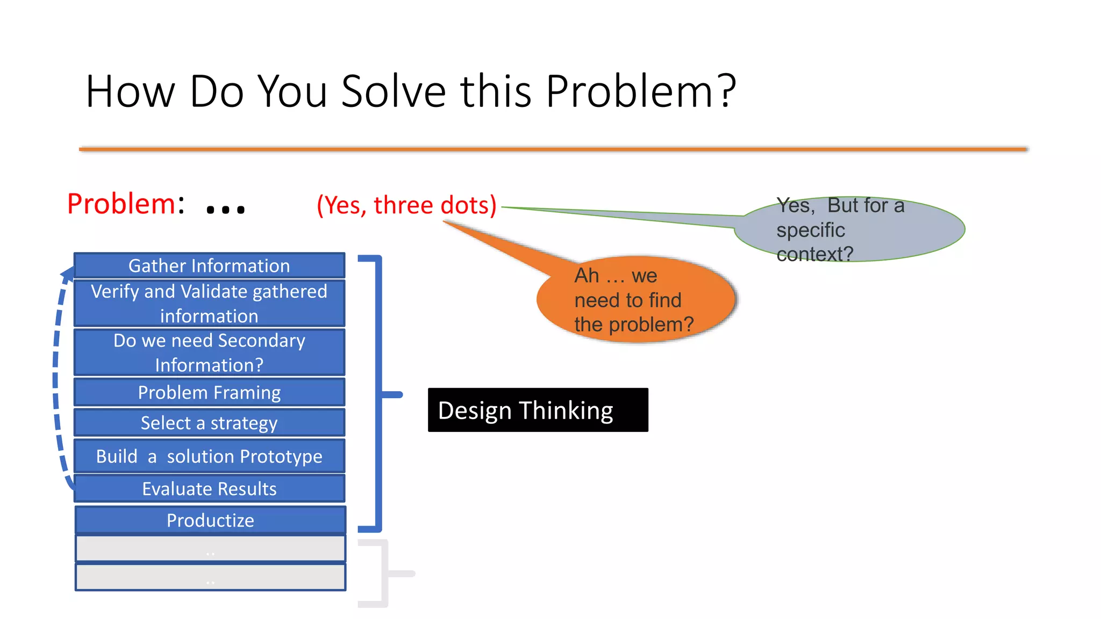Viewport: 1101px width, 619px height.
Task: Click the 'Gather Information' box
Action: (209, 265)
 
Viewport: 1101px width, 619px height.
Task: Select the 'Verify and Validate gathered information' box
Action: (209, 303)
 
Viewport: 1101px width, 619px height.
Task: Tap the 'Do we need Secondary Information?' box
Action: (209, 352)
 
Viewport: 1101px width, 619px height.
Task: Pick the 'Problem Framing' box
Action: (209, 392)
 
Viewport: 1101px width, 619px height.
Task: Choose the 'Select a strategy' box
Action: (209, 423)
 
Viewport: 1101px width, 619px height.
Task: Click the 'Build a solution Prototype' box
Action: (209, 456)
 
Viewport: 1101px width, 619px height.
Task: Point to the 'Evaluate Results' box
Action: (209, 488)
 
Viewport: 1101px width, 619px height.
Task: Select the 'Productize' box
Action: (210, 520)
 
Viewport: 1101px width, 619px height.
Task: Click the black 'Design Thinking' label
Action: (538, 410)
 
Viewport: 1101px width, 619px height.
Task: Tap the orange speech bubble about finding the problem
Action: (634, 300)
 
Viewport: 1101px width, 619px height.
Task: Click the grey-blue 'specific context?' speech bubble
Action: (849, 229)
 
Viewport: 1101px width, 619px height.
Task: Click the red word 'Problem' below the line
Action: (121, 204)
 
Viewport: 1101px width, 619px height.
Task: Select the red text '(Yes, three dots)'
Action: (406, 205)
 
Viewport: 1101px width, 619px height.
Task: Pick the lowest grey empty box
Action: (210, 577)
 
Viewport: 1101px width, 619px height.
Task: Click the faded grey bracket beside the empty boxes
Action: (383, 573)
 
